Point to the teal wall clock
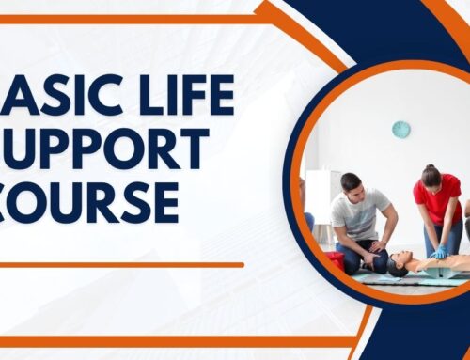pyautogui.click(x=400, y=130)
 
